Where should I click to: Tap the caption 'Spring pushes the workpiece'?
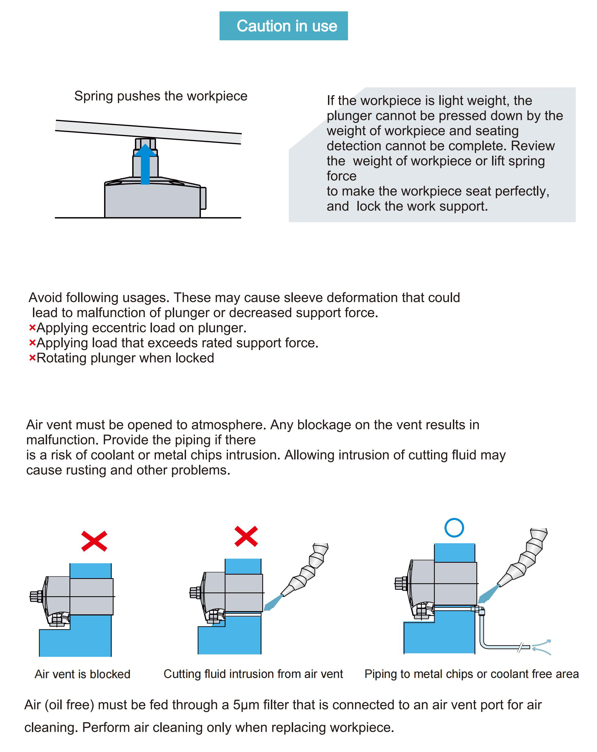pyautogui.click(x=161, y=96)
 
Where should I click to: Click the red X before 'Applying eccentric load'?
pyautogui.click(x=32, y=328)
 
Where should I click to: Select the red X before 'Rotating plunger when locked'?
pyautogui.click(x=32, y=358)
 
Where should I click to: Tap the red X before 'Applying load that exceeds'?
pyautogui.click(x=32, y=343)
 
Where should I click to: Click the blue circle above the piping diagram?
pyautogui.click(x=454, y=527)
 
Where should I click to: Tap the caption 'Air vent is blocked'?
pyautogui.click(x=82, y=674)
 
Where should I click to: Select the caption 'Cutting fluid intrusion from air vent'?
pyautogui.click(x=253, y=674)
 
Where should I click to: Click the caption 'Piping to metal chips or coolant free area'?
pyautogui.click(x=472, y=674)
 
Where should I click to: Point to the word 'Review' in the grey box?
pyautogui.click(x=532, y=146)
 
